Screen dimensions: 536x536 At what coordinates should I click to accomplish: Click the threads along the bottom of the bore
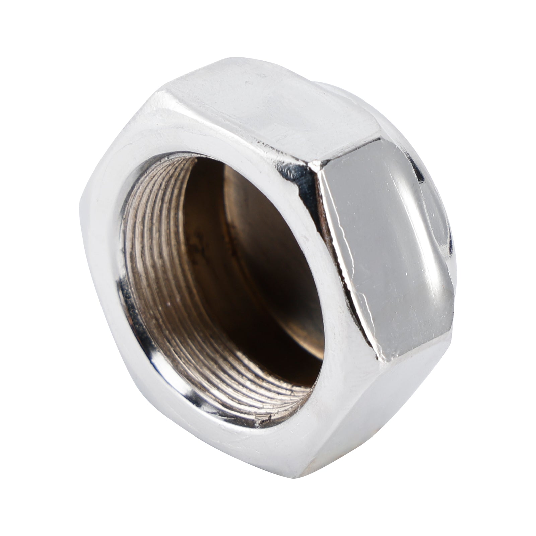click(x=234, y=395)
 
